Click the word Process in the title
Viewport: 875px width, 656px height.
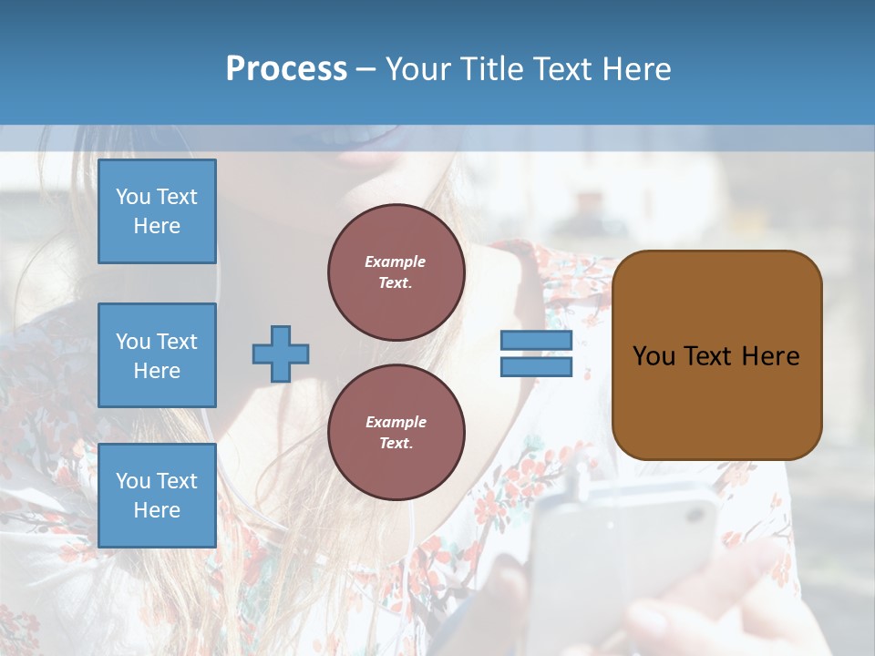click(x=286, y=69)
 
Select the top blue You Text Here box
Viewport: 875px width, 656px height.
click(x=157, y=211)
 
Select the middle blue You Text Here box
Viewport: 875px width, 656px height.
click(x=157, y=355)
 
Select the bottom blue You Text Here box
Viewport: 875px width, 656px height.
click(x=157, y=495)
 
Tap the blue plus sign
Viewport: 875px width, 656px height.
click(x=281, y=354)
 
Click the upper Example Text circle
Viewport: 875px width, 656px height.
click(x=396, y=272)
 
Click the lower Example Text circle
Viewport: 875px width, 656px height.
click(x=396, y=432)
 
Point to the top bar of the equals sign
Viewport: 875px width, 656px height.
click(x=536, y=341)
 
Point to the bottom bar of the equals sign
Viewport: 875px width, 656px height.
click(x=536, y=367)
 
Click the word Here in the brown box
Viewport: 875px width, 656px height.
click(x=770, y=356)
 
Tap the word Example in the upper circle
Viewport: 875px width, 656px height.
click(x=396, y=261)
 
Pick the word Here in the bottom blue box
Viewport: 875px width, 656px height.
click(x=157, y=510)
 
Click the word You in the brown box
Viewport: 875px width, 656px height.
click(x=654, y=356)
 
